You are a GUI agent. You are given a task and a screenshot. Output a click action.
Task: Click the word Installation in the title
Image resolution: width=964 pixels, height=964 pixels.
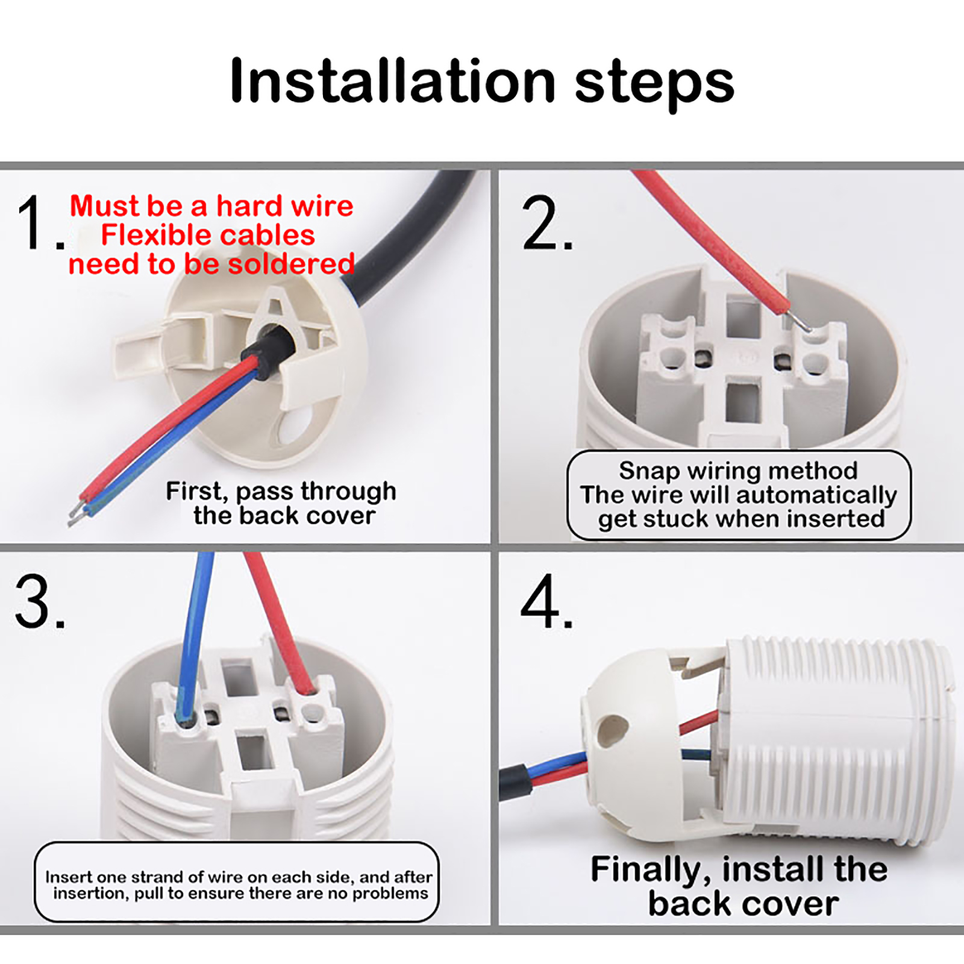pyautogui.click(x=393, y=81)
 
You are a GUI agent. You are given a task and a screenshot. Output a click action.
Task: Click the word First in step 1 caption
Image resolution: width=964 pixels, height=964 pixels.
pyautogui.click(x=196, y=492)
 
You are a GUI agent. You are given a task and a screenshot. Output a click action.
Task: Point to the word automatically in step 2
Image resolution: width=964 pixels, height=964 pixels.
pyautogui.click(x=816, y=496)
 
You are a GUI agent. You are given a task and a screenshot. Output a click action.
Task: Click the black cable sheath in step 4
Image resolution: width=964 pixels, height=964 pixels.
pyautogui.click(x=515, y=781)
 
